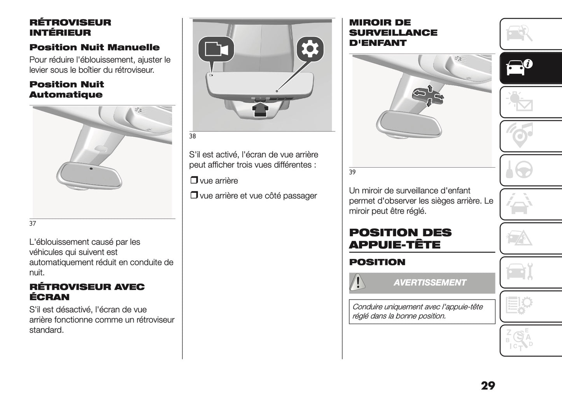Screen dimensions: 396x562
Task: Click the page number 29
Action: click(x=488, y=385)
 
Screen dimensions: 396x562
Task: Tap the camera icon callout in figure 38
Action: click(x=216, y=49)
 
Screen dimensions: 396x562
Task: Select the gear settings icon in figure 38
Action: click(x=310, y=49)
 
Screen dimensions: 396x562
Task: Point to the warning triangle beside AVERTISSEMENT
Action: click(x=357, y=283)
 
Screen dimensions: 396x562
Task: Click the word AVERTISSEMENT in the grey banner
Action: click(x=429, y=283)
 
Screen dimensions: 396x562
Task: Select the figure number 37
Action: click(x=33, y=224)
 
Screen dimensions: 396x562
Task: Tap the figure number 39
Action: click(x=352, y=172)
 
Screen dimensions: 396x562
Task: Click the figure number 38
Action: click(x=193, y=137)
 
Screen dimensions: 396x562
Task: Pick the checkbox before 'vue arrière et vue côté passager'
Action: click(x=194, y=196)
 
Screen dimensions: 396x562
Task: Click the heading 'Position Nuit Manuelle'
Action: click(x=95, y=47)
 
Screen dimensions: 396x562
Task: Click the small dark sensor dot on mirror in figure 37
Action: click(x=91, y=168)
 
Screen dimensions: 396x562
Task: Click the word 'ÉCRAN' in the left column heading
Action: click(x=49, y=297)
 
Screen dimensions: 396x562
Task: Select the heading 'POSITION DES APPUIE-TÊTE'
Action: click(x=400, y=238)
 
